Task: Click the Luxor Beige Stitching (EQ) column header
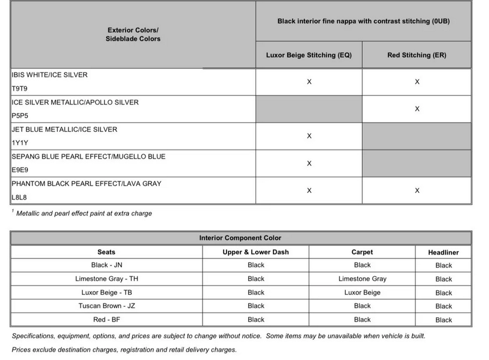tap(309, 55)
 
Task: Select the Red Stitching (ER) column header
tap(417, 55)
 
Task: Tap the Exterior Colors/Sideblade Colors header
tap(133, 34)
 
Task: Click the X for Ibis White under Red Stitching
tap(417, 82)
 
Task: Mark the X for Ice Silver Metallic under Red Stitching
tap(417, 108)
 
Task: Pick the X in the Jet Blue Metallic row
tap(309, 136)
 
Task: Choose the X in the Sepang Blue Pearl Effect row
tap(309, 163)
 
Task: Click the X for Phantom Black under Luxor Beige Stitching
tap(309, 191)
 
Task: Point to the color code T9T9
tap(19, 88)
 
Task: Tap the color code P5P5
tap(20, 115)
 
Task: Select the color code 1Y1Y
tap(20, 143)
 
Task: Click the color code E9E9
tap(20, 170)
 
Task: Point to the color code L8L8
tap(20, 197)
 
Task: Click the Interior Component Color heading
tap(240, 238)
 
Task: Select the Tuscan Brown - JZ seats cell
tap(107, 306)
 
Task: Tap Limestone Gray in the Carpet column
tap(362, 279)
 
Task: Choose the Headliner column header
tap(443, 252)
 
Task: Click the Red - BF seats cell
tap(107, 319)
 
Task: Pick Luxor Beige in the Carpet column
tap(362, 292)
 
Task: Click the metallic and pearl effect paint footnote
tap(84, 213)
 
